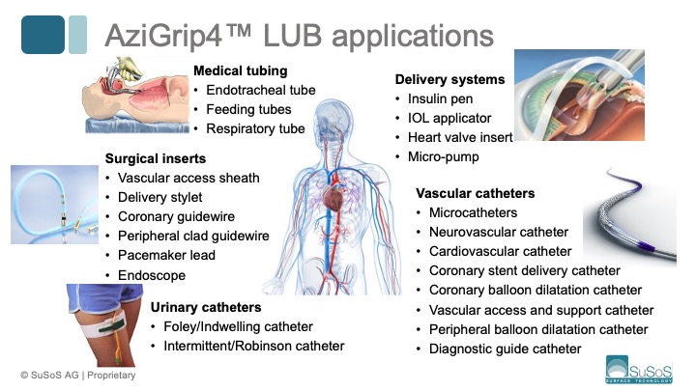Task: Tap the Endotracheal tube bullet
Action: tap(260, 90)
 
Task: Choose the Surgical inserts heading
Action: tap(156, 158)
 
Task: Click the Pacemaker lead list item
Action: tap(166, 255)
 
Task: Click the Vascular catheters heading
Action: tap(475, 193)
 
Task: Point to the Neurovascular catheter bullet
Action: tap(499, 232)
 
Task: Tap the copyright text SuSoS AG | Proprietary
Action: tap(72, 375)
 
